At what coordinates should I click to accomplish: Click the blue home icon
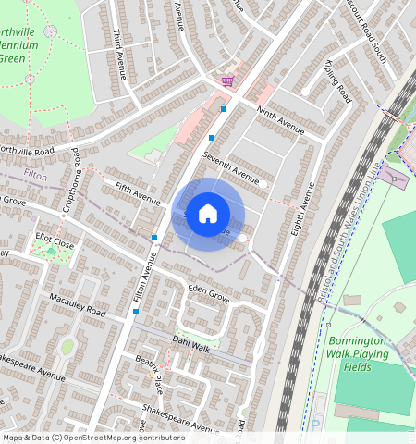coord(208,214)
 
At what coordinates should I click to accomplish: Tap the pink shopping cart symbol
coord(226,81)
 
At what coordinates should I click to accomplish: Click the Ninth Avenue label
coord(280,121)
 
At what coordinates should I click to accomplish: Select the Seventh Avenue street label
coord(231,168)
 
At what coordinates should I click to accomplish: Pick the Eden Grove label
coord(208,295)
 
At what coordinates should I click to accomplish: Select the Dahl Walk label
coord(191,342)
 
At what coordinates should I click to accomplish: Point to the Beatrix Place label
coord(148,370)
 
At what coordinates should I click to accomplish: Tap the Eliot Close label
coord(55,243)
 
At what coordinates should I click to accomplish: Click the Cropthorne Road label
coord(71,189)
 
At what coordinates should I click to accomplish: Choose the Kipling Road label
coord(337,81)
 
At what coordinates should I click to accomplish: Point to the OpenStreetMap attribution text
coord(93,438)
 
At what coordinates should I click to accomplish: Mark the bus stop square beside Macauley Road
coord(136,312)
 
